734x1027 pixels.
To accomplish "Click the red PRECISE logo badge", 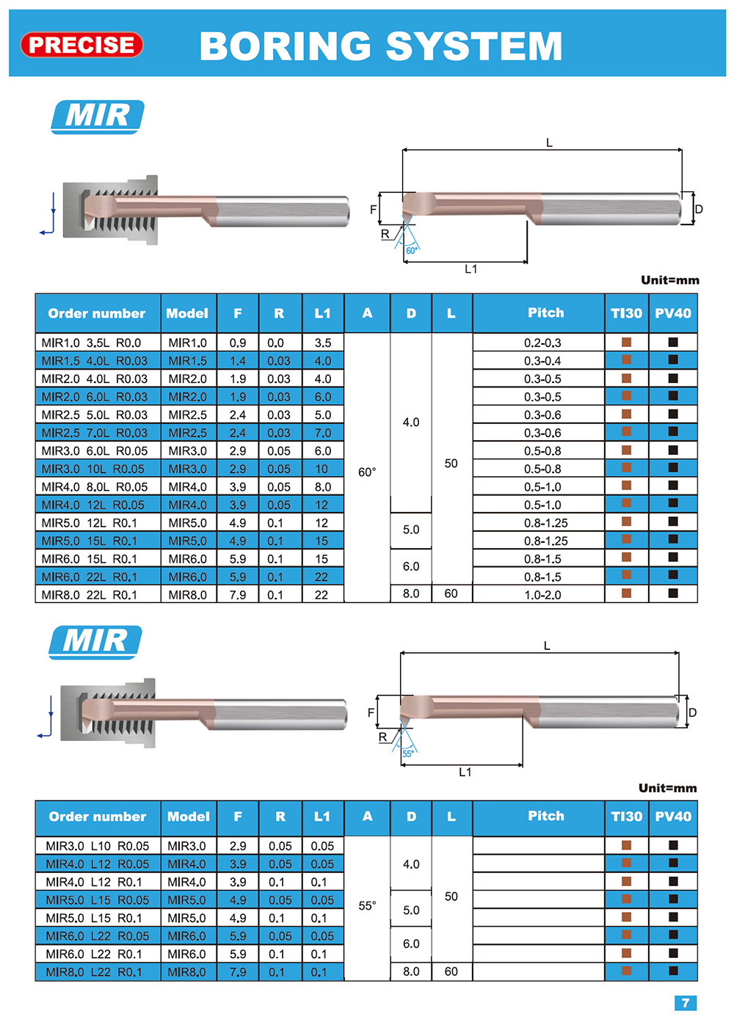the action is tap(81, 45).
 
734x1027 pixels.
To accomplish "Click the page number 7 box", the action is tap(686, 1003).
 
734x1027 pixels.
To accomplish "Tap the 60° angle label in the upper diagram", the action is tap(412, 250).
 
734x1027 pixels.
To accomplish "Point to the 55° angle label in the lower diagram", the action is tap(408, 753).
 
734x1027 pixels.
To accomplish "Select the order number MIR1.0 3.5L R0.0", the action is tap(91, 343).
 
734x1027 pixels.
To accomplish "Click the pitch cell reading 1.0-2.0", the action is tap(542, 595).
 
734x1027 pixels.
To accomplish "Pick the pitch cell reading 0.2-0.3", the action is tap(542, 343).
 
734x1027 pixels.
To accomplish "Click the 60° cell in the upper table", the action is tap(367, 472).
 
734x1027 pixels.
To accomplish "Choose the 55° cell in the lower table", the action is tap(367, 905).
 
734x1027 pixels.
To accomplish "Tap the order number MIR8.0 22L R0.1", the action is tap(90, 595).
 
